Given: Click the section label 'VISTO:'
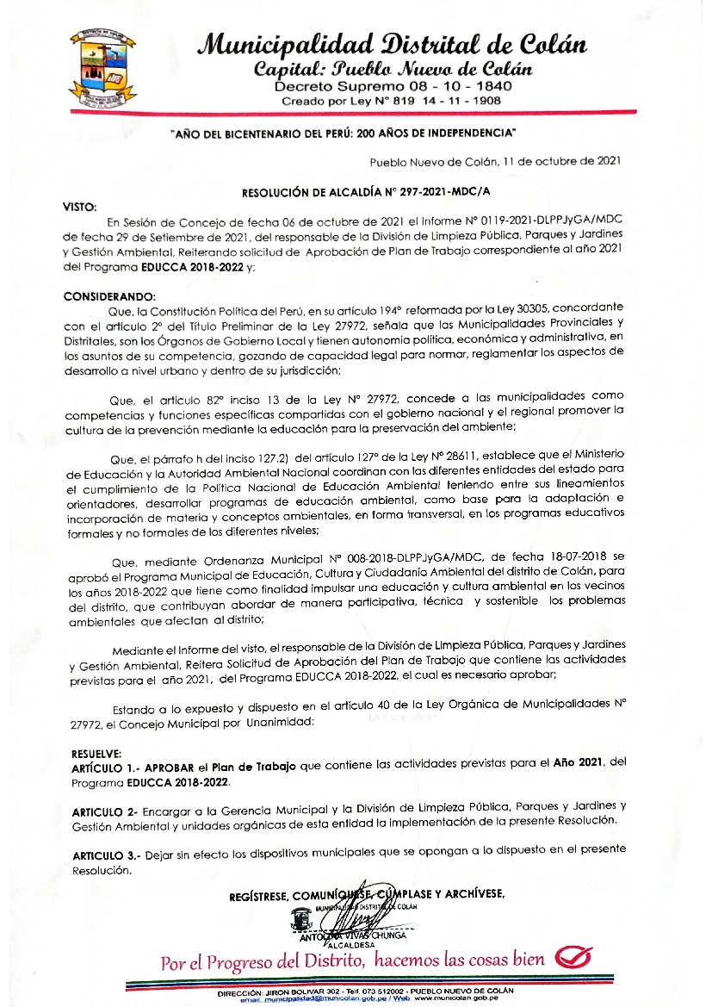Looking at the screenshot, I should click(x=82, y=208).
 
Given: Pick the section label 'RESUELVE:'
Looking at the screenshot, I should click(x=90, y=751).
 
